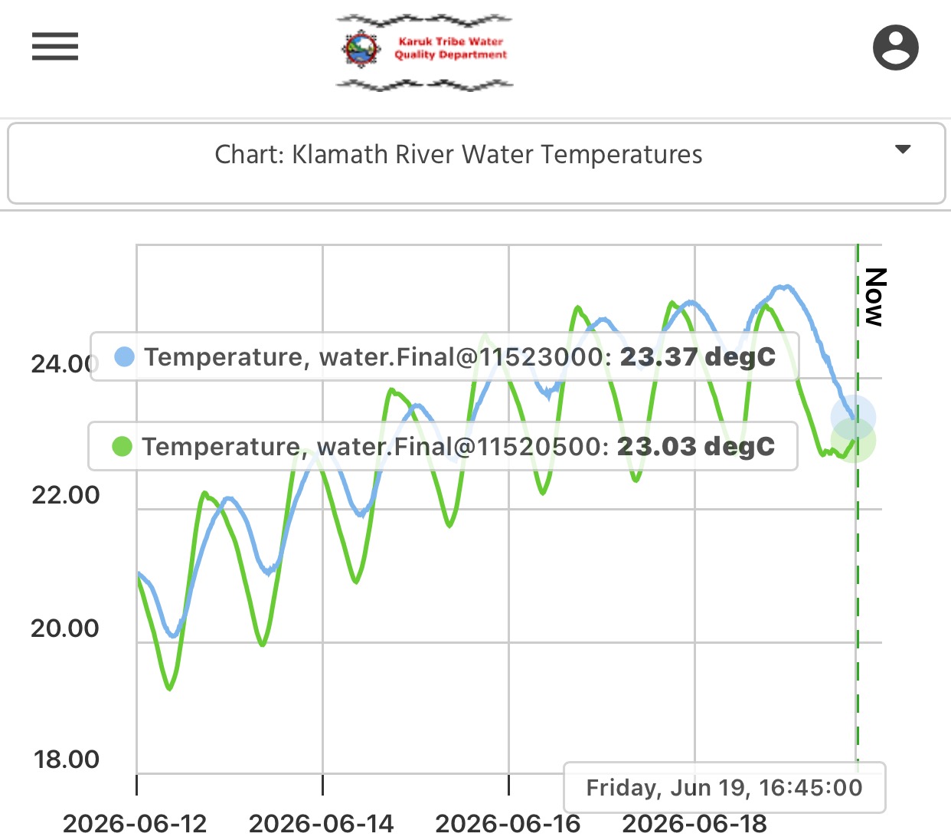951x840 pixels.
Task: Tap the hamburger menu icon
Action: pyautogui.click(x=55, y=47)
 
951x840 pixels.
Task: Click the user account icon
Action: pyautogui.click(x=896, y=48)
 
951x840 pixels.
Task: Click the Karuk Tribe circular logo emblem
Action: pyautogui.click(x=361, y=48)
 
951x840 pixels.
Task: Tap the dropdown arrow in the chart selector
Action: pyautogui.click(x=903, y=149)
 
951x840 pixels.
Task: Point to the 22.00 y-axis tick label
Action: pyautogui.click(x=66, y=495)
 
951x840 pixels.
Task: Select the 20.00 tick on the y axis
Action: pyautogui.click(x=65, y=628)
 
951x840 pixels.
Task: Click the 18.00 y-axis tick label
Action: pyautogui.click(x=66, y=760)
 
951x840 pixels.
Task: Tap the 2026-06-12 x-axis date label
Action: pyautogui.click(x=136, y=824)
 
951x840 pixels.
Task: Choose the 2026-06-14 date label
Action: pyautogui.click(x=322, y=824)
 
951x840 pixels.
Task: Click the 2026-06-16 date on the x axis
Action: pyautogui.click(x=508, y=824)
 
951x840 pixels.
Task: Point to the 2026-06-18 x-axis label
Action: pyautogui.click(x=694, y=824)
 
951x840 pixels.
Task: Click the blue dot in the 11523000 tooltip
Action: pyautogui.click(x=124, y=356)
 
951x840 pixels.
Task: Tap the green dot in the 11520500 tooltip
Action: pyautogui.click(x=122, y=446)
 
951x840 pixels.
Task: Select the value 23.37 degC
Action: pyautogui.click(x=698, y=357)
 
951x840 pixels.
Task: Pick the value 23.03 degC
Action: pyautogui.click(x=696, y=446)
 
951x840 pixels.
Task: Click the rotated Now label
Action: pyautogui.click(x=876, y=297)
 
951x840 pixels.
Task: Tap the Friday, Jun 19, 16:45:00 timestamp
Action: pyautogui.click(x=724, y=788)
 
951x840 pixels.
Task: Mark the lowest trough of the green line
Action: pyautogui.click(x=169, y=689)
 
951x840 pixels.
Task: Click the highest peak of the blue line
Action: pyautogui.click(x=784, y=286)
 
